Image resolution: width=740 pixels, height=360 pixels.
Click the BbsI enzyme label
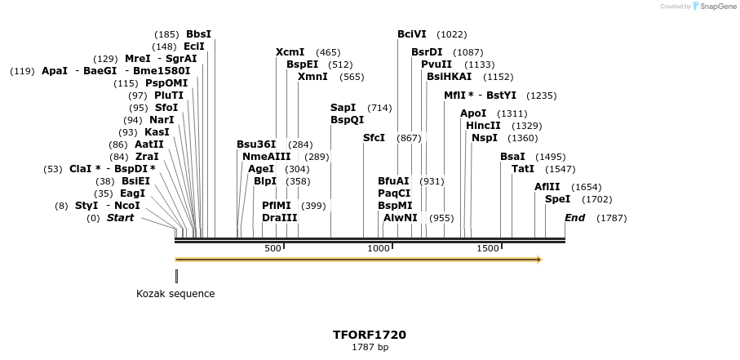198,34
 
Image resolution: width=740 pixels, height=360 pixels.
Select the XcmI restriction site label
290,52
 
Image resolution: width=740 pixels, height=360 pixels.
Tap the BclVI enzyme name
412,34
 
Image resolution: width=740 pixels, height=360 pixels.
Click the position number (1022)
451,34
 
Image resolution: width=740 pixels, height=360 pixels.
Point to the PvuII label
436,64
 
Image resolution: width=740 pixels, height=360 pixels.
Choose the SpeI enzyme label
557,199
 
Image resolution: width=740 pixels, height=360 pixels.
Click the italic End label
574,218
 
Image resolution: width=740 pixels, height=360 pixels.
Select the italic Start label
120,218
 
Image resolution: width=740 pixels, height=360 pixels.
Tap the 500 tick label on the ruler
273,248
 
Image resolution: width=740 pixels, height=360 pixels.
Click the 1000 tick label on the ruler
379,248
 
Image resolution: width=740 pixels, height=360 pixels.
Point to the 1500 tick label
487,248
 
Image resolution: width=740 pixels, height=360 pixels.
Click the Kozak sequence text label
175,294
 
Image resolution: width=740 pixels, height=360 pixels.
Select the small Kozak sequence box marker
176,276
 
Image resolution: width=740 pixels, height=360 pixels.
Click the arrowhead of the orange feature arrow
538,260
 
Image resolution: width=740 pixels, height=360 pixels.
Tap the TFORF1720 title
370,335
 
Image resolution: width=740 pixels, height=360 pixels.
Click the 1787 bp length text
370,348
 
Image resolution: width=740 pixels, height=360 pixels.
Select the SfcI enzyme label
374,138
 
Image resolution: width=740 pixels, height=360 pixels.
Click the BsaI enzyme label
512,157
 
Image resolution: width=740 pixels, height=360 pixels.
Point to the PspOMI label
166,83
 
